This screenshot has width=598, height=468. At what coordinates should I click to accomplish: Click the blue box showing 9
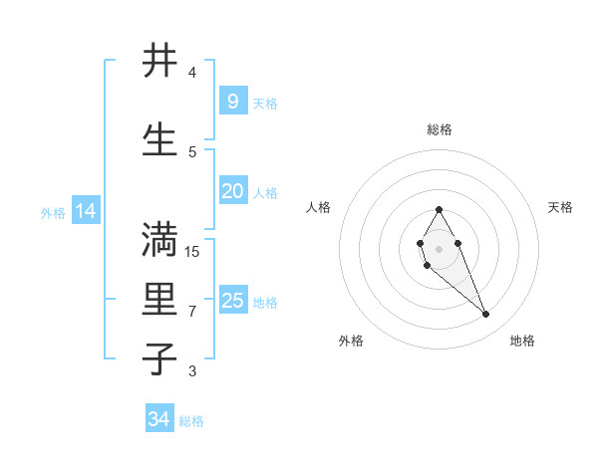point(232,102)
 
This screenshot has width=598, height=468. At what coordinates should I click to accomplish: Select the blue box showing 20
point(232,192)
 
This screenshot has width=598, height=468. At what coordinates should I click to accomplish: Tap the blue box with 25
point(232,301)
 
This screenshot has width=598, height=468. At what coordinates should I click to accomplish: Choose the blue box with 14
point(86,211)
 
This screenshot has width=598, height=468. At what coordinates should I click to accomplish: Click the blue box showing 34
point(159,419)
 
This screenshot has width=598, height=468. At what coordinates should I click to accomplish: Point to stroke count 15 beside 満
point(192,252)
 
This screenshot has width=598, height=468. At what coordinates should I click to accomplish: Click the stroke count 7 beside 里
point(192,312)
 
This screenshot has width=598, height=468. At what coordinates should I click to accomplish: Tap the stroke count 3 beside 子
point(192,371)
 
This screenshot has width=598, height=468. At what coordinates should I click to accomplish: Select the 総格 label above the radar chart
point(440,129)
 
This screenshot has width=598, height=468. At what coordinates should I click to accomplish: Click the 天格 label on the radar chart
point(560,207)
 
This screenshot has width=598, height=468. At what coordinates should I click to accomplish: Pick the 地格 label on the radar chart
point(522,341)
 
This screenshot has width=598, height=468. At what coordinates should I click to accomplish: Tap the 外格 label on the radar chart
point(351,341)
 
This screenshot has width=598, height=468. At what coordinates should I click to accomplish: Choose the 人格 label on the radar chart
point(319,207)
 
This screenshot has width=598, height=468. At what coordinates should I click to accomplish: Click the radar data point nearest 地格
point(486,315)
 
